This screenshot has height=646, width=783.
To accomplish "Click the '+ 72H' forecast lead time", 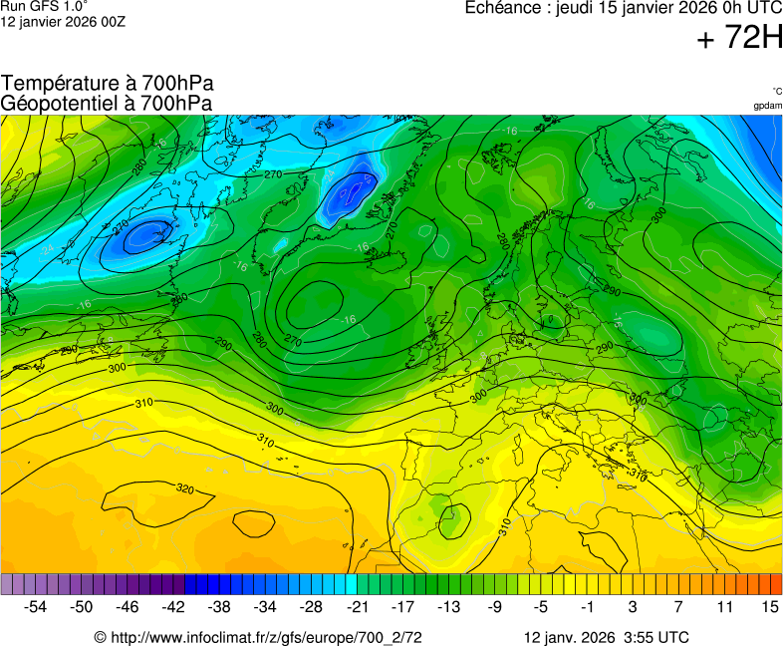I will click(739, 39).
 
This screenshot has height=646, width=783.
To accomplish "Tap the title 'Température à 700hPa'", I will click(108, 84).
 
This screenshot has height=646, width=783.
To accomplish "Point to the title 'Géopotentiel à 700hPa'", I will click(107, 103).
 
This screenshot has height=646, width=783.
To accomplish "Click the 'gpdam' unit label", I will click(767, 106).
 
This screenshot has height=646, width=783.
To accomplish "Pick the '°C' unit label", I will click(776, 91).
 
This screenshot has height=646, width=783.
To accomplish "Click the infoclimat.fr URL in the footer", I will click(259, 637).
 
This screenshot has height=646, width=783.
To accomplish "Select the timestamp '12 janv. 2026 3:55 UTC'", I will click(607, 637).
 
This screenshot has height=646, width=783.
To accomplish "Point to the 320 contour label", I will click(185, 489).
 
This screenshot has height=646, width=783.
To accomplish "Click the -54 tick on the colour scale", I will click(36, 606).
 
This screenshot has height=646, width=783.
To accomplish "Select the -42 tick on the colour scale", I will click(174, 606).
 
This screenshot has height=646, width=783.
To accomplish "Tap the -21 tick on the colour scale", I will click(358, 606).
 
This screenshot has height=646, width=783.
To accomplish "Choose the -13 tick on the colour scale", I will click(449, 606).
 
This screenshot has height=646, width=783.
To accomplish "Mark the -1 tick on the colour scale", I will click(588, 606).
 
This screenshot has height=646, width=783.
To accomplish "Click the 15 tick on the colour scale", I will click(769, 606).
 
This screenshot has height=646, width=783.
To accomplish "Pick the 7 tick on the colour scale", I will click(678, 606).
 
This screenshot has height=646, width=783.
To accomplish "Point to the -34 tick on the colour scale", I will click(266, 606).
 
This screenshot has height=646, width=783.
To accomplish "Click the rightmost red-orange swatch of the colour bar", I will click(776, 585).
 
